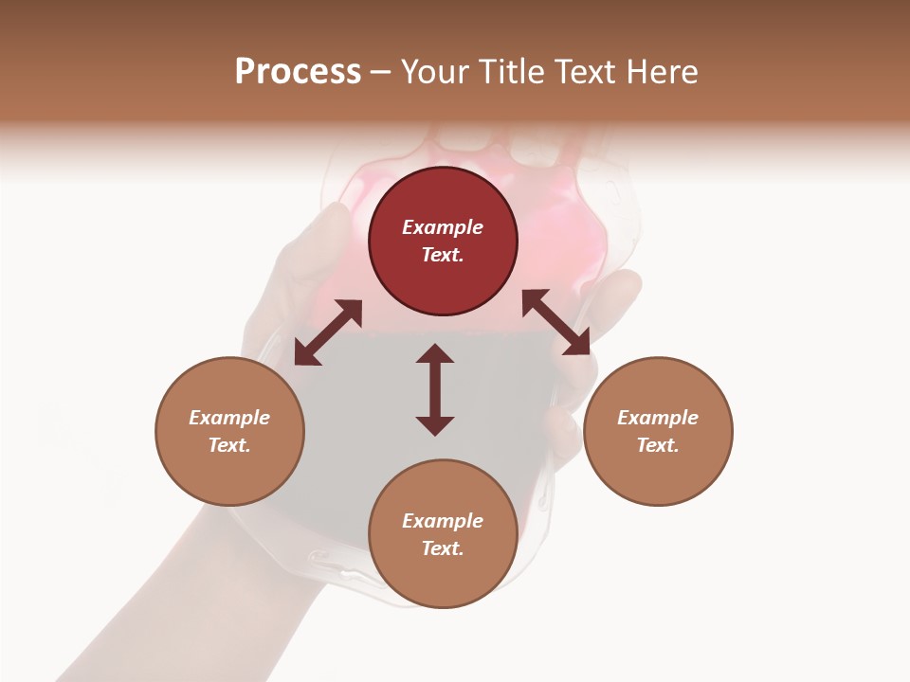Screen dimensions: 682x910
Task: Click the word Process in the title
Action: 298,72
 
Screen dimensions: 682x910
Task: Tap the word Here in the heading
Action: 659,72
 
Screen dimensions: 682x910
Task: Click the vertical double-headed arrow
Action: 435,389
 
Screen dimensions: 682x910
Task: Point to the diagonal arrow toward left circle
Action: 328,332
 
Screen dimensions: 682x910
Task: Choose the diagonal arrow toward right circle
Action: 556,322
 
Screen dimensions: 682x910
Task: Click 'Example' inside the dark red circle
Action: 443,227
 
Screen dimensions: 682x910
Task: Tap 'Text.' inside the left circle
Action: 229,445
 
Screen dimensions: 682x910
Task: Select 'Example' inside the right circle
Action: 658,418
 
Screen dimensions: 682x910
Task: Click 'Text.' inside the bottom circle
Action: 443,548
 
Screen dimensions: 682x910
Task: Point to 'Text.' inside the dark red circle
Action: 443,255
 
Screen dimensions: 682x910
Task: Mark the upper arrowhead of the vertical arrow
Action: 435,353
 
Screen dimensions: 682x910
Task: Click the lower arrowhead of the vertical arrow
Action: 435,425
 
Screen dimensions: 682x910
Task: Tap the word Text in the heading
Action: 580,72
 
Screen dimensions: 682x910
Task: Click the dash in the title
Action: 380,72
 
